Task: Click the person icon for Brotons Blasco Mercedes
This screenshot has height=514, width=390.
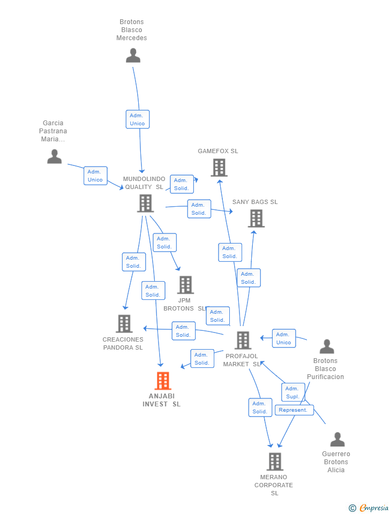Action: click(133, 55)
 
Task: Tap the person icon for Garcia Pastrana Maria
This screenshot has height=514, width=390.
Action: click(54, 156)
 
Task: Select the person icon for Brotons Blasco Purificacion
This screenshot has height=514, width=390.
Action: click(326, 346)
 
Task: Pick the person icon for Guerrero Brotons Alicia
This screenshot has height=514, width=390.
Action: click(337, 440)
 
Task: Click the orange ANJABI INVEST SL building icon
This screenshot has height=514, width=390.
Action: click(162, 381)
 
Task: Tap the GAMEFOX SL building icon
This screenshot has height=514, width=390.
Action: click(219, 168)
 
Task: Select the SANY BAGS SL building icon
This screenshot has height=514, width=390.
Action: click(256, 218)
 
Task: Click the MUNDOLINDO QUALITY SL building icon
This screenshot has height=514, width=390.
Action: click(145, 203)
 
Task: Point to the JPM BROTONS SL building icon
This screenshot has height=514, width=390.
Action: click(185, 285)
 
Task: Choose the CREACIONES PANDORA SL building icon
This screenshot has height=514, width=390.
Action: click(124, 323)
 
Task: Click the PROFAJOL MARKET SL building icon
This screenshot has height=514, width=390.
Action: click(243, 340)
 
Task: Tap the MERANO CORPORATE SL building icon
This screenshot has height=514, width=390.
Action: click(274, 462)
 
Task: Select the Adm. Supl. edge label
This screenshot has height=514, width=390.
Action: click(292, 392)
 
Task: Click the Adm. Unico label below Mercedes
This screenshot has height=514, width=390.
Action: click(137, 119)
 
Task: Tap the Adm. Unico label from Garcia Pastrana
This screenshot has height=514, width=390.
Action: click(95, 176)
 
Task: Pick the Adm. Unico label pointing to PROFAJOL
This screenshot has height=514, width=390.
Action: click(283, 338)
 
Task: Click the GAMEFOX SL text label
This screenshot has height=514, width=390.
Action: click(217, 151)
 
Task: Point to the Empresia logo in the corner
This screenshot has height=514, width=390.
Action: click(369, 508)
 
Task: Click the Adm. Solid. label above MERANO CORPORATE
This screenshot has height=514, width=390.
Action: click(260, 407)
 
